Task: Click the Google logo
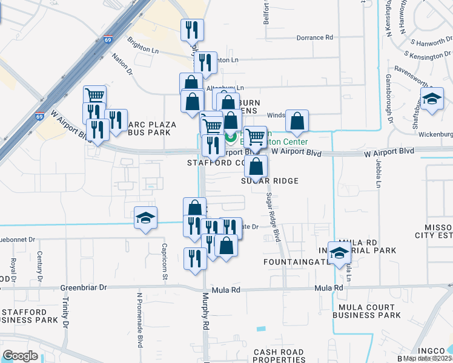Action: click(20, 356)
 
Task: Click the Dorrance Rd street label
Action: click(315, 38)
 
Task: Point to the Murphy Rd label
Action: click(206, 311)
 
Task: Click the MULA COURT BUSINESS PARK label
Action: click(367, 311)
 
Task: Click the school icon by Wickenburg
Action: click(432, 99)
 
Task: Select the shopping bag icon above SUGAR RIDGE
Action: click(257, 166)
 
